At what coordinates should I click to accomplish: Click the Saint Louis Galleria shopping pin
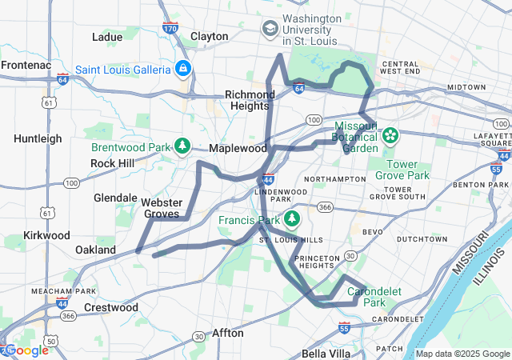click(183, 68)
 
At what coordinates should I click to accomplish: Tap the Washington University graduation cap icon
click(270, 29)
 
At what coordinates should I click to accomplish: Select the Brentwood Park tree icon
click(183, 146)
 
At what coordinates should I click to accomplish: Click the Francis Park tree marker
click(292, 218)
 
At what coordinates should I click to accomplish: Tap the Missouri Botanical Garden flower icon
click(390, 135)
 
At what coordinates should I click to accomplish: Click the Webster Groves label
click(162, 208)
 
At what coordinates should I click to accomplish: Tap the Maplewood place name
click(238, 149)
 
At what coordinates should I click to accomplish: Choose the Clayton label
click(210, 37)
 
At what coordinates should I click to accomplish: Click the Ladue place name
click(107, 37)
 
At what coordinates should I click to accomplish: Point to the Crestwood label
click(111, 307)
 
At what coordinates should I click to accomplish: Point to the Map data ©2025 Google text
click(461, 354)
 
